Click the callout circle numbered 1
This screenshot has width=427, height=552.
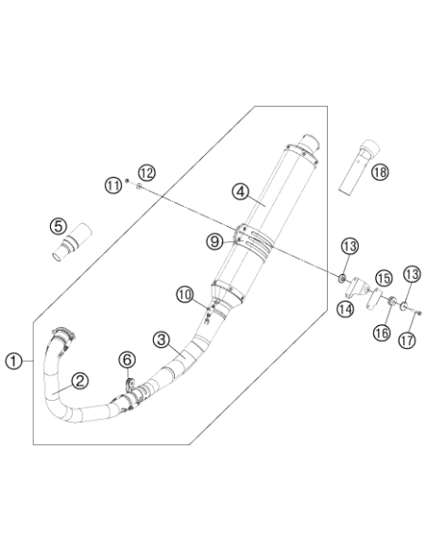coord(14,361)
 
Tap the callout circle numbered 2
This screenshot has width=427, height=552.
coord(80,381)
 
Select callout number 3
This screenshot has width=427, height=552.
coord(162,339)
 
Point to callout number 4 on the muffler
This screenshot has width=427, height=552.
coord(241,192)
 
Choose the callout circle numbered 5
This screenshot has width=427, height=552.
coord(59,226)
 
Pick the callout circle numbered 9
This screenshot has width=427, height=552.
coord(214,242)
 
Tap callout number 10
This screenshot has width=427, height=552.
coord(185,294)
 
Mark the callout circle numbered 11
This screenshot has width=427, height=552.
coord(113,185)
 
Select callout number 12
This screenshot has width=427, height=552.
coord(146,173)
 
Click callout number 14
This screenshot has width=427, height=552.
coord(346,309)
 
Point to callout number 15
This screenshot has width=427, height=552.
coord(384,278)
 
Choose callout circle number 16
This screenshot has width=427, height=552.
coord(382,333)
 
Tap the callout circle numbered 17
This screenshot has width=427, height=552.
coord(407,340)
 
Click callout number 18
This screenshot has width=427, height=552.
coord(380,172)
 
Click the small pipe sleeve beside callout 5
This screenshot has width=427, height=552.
coord(72,242)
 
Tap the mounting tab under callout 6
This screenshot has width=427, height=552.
coord(130,385)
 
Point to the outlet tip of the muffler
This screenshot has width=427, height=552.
coord(310,143)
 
